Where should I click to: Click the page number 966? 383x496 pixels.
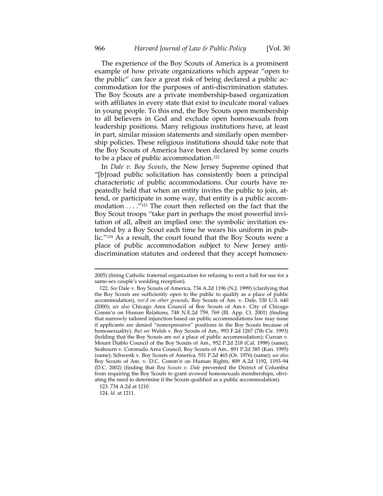[x=100, y=49]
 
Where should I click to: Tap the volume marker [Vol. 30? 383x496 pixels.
[x=278, y=49]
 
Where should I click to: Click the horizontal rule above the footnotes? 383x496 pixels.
[x=191, y=268]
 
